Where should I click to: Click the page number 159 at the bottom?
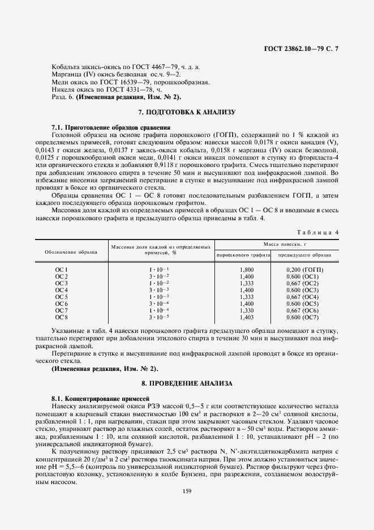tap(187, 491)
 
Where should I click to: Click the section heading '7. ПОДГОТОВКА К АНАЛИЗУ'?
tap(187, 112)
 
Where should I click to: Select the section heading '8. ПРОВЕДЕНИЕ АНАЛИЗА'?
tap(187, 383)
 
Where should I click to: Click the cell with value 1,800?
tap(247, 270)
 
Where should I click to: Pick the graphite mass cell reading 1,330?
tap(247, 310)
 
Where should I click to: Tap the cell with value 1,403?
tap(247, 317)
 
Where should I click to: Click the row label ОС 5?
tap(61, 297)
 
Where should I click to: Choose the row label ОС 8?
tap(61, 317)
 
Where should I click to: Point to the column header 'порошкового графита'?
tap(243, 255)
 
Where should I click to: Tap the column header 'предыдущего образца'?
tap(304, 255)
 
